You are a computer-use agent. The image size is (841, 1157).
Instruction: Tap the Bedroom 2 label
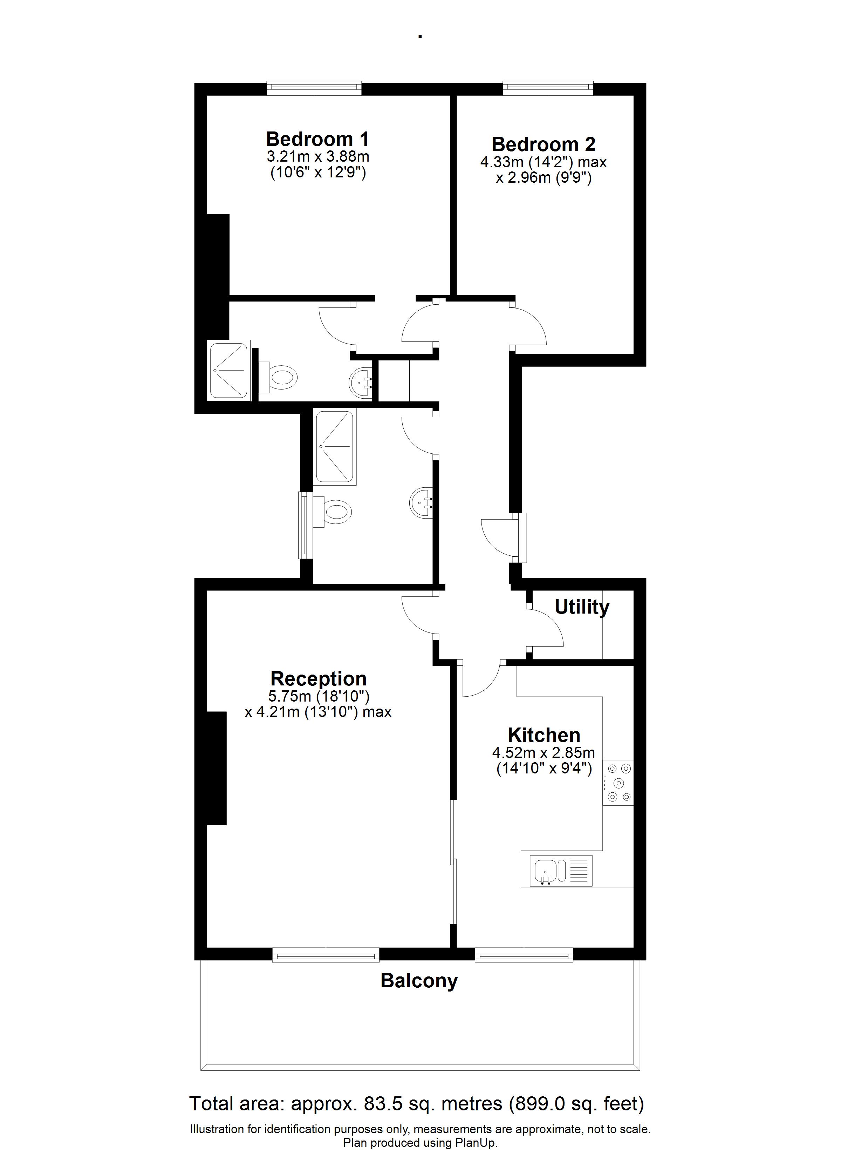coord(543,145)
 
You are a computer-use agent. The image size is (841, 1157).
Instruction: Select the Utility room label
coord(582,607)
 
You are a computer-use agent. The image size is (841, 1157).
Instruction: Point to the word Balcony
coord(419,981)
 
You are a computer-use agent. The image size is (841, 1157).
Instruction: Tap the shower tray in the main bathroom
coord(335,447)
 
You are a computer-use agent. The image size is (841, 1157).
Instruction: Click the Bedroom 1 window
coord(314,88)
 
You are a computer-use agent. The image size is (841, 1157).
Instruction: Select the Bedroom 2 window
coord(548,88)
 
